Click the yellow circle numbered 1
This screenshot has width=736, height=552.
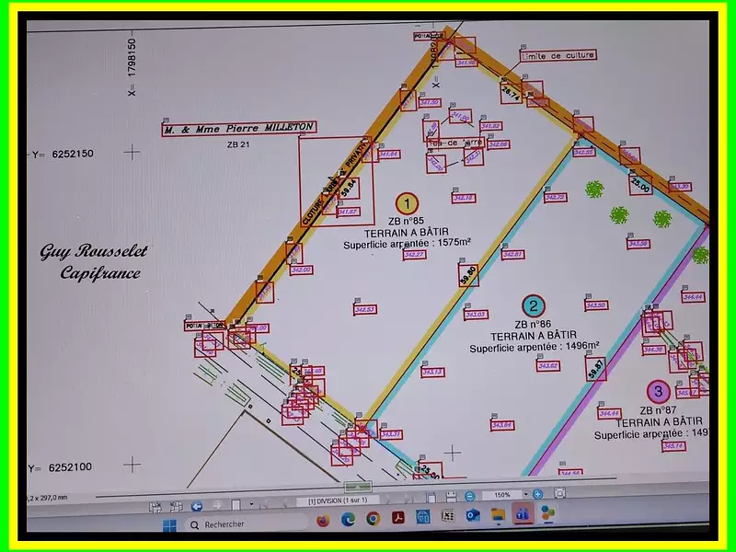(x=406, y=203)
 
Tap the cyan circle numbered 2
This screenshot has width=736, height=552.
(x=532, y=306)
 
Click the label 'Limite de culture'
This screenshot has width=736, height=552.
(x=558, y=55)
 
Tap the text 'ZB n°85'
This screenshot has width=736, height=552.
(x=406, y=222)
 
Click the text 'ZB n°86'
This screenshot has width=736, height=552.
(x=533, y=324)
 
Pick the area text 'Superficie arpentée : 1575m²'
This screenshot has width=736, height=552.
(x=407, y=244)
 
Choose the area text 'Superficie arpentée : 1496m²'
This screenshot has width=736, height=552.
(x=534, y=347)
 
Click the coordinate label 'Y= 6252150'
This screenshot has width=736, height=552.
(x=63, y=154)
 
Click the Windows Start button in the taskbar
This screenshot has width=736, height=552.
(x=169, y=524)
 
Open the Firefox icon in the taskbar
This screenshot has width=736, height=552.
(x=322, y=520)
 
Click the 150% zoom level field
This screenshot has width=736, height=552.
(x=502, y=494)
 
